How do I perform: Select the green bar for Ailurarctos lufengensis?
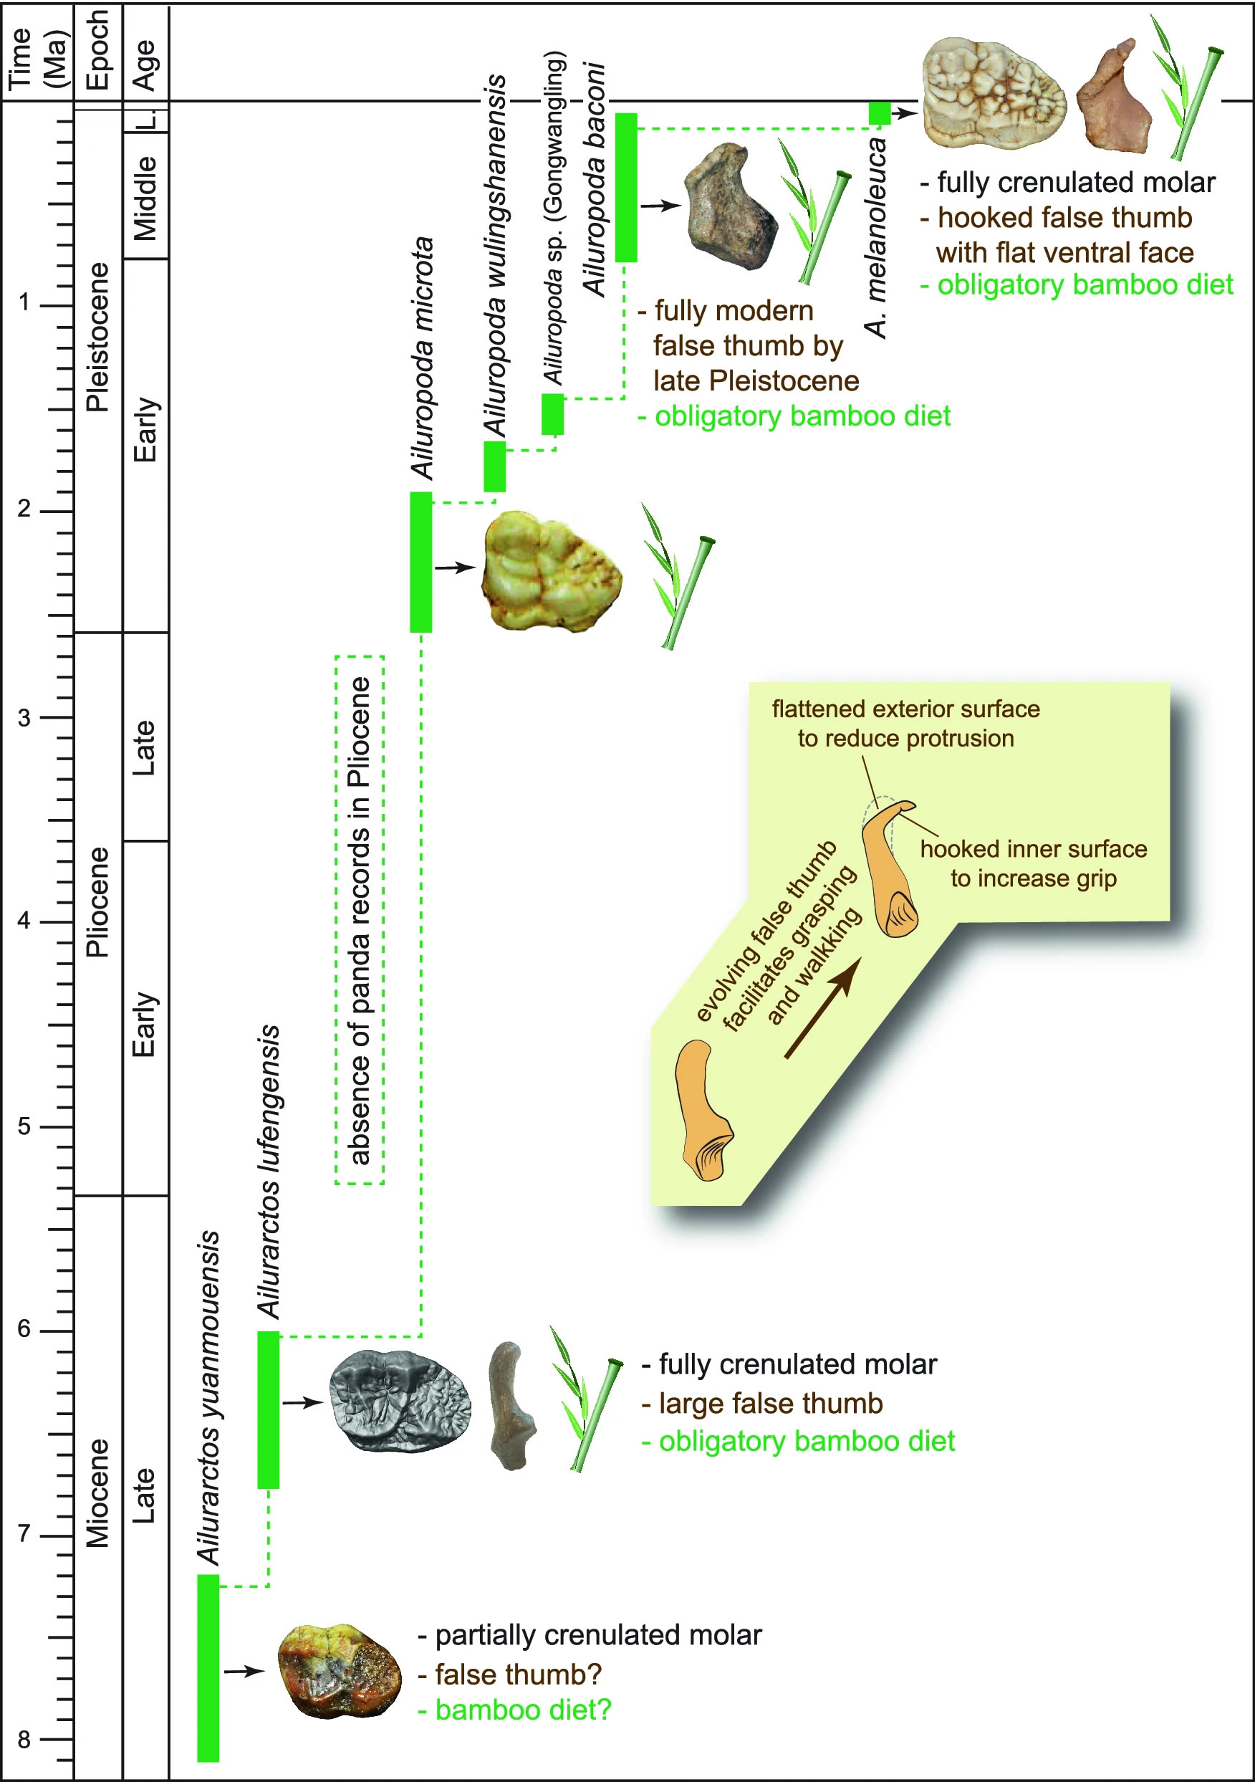pos(268,1409)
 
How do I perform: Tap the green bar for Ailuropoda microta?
pos(420,562)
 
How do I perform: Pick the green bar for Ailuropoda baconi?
pos(625,187)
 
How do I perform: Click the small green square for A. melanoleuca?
pos(880,113)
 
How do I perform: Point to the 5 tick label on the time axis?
pos(24,1126)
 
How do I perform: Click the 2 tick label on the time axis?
pos(24,509)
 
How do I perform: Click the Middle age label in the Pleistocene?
pos(145,198)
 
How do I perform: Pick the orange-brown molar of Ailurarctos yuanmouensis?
pos(339,1672)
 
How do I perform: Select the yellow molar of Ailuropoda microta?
pos(550,571)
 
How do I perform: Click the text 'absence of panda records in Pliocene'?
pos(360,921)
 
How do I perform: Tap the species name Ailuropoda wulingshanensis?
pos(496,256)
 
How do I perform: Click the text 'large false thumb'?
pos(770,1403)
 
